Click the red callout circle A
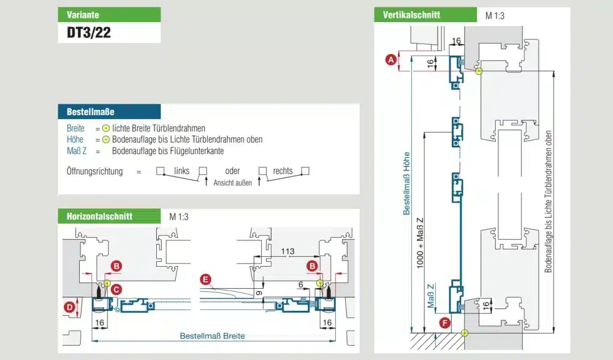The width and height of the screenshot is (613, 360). coord(390,59)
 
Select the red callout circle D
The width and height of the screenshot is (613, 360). coord(70,306)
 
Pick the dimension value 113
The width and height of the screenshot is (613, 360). coord(287,251)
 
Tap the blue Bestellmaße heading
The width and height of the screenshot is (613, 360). coord(91,112)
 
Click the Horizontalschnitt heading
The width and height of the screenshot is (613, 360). coord(98,216)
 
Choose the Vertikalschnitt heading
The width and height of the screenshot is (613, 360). coord(411,15)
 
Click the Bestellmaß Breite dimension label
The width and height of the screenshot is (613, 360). coord(212,336)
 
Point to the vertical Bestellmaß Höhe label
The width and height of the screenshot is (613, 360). coord(406,183)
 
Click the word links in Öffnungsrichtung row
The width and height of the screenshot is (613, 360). coord(181,171)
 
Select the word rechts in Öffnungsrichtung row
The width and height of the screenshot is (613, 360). coord(283,171)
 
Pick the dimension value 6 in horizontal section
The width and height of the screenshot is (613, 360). coord(300,285)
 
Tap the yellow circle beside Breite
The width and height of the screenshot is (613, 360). coord(106,128)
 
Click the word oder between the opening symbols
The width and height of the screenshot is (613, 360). coord(232,171)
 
